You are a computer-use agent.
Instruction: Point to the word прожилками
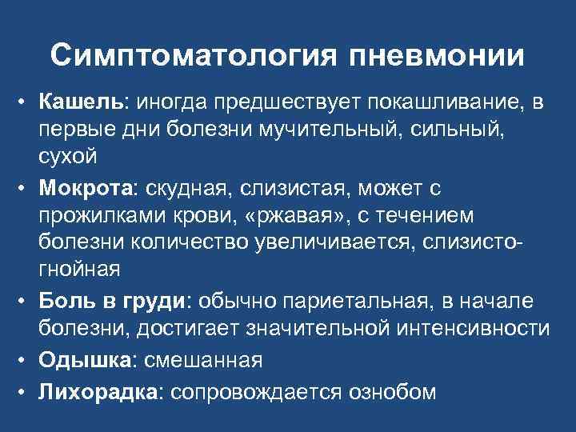click(98, 218)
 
